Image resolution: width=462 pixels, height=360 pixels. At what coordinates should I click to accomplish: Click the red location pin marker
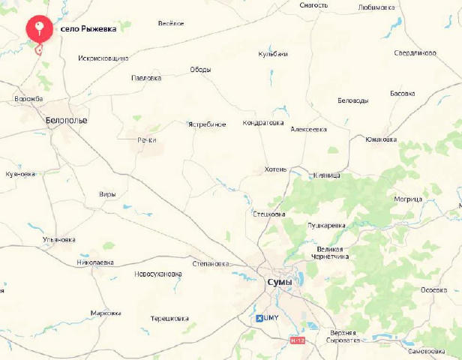(x=39, y=29)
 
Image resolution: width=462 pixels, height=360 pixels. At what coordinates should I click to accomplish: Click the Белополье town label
(x=66, y=120)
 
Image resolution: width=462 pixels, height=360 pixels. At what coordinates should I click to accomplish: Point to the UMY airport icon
(x=260, y=318)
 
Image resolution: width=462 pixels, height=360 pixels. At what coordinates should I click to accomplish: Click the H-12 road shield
(x=298, y=340)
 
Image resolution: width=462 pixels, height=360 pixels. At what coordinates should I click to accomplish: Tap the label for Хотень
(x=275, y=169)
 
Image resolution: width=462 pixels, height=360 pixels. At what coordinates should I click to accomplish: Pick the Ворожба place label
(x=28, y=98)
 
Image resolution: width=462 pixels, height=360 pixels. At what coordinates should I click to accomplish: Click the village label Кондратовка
(x=263, y=123)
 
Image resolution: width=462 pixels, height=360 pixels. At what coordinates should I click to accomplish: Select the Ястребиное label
(x=206, y=124)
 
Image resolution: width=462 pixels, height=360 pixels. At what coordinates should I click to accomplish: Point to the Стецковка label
(x=268, y=214)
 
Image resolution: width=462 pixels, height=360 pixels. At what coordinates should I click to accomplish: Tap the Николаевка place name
(x=95, y=262)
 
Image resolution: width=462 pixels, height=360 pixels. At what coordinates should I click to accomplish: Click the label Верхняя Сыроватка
(x=343, y=336)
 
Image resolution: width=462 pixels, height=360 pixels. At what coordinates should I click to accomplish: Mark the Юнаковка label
(x=380, y=139)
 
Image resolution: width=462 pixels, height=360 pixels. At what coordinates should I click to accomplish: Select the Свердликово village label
(x=415, y=53)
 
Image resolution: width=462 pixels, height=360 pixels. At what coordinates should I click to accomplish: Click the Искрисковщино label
(x=103, y=58)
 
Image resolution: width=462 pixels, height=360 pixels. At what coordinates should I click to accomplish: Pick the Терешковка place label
(x=169, y=319)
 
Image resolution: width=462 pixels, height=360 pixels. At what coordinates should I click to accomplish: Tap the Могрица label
(x=408, y=199)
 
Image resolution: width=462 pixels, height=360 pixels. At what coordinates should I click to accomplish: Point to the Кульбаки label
(x=273, y=54)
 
